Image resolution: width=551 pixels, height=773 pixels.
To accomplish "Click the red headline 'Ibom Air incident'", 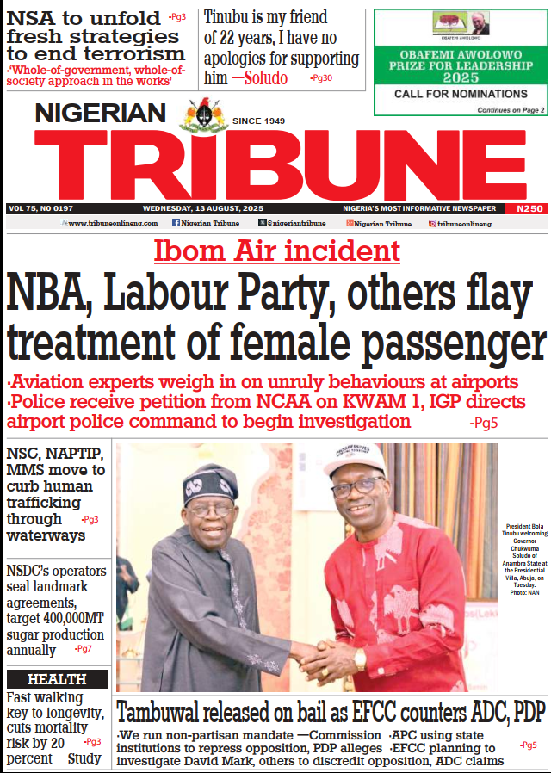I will (x=277, y=250).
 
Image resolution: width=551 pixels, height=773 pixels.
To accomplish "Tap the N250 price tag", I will (x=529, y=208).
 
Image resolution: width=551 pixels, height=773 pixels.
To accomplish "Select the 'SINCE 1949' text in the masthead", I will (x=258, y=121).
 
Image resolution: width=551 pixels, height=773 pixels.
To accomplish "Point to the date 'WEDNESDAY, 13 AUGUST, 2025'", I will (x=206, y=208).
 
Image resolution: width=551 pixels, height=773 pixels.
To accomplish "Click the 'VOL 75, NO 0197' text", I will (x=40, y=208).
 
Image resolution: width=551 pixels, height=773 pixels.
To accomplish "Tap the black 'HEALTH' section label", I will (x=57, y=679).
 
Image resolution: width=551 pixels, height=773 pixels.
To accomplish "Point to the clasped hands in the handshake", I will (x=319, y=658).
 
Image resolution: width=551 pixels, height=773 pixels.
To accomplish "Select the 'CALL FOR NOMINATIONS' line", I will (x=461, y=94).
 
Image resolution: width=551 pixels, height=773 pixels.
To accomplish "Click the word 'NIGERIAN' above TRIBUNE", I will (x=101, y=113).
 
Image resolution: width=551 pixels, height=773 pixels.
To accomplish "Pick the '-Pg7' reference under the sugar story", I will (x=84, y=648).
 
